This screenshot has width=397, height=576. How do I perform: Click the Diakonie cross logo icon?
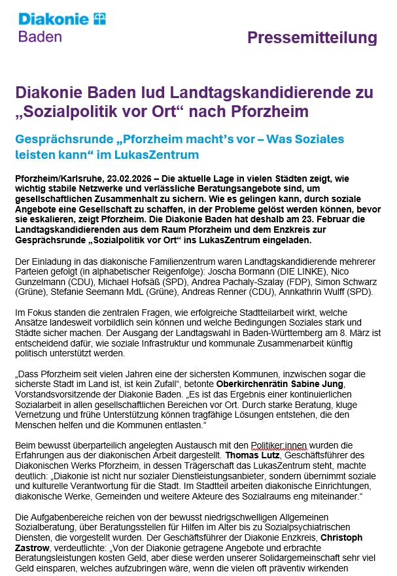(x=99, y=18)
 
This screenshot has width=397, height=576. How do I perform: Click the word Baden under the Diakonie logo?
(x=40, y=37)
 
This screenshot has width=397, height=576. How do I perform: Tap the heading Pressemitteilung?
(x=312, y=39)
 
